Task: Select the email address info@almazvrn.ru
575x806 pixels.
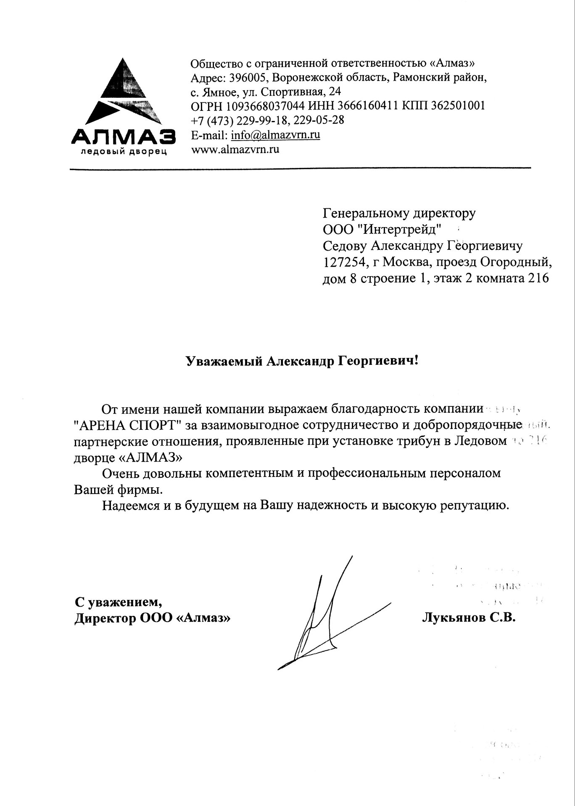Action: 276,135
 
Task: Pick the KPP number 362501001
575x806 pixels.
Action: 459,106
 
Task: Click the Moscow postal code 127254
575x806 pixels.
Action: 341,262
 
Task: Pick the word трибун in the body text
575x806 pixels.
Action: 424,441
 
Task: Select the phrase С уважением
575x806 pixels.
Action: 118,602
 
